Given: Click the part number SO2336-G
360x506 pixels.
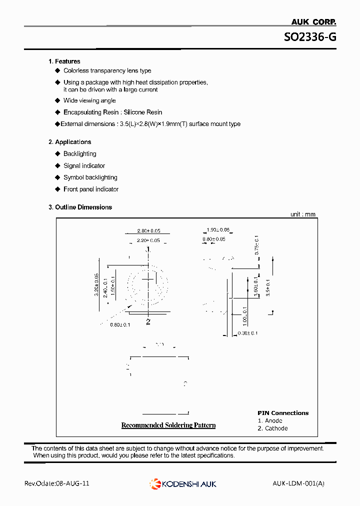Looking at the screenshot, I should (x=310, y=37).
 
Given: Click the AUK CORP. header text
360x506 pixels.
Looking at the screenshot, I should (x=313, y=21).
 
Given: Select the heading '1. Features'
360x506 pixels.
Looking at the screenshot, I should (x=64, y=61).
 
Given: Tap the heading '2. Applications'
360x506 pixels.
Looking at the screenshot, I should (x=70, y=142).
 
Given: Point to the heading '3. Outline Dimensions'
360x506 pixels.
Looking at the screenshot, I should (x=80, y=207).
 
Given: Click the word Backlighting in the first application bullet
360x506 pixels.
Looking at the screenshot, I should (x=80, y=154).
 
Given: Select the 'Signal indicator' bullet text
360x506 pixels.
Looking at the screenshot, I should (x=84, y=166).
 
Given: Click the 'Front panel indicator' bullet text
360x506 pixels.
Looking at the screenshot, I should (x=91, y=189).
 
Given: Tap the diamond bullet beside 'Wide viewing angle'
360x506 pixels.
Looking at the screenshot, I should (x=57, y=101).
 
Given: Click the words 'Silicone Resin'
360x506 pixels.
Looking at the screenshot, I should (x=143, y=112).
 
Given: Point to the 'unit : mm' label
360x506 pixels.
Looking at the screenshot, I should (x=303, y=214).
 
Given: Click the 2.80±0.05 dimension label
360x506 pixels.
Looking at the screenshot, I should (x=148, y=231).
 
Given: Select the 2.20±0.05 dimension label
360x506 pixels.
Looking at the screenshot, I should (x=148, y=240).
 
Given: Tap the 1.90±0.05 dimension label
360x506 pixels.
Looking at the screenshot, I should (x=218, y=230).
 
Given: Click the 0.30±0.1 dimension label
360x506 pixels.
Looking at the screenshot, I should (x=247, y=333).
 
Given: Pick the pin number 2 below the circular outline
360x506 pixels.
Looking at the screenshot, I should (x=148, y=322).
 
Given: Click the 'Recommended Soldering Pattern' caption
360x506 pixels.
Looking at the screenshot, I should (x=168, y=425).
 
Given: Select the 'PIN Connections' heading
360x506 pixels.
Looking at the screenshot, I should (x=283, y=413).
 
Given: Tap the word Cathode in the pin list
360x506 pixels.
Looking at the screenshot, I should (x=276, y=428).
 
